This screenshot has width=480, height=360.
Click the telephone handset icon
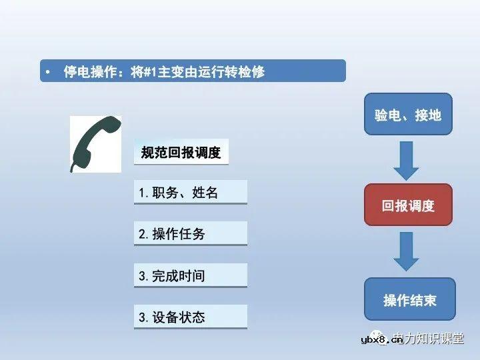[x=95, y=143]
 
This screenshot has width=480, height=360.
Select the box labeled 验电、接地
[x=407, y=115]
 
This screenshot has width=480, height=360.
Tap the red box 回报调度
[x=407, y=205]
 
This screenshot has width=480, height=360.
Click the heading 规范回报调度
[x=181, y=153]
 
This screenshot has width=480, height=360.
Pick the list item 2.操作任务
[x=190, y=233]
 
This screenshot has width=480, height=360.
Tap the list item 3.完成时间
[x=190, y=275]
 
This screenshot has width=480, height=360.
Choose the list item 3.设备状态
[x=190, y=317]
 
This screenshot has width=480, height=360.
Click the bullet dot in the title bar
[x=49, y=71]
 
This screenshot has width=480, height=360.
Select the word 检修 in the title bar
[x=251, y=71]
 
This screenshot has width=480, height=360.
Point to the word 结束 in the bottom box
[x=423, y=300]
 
